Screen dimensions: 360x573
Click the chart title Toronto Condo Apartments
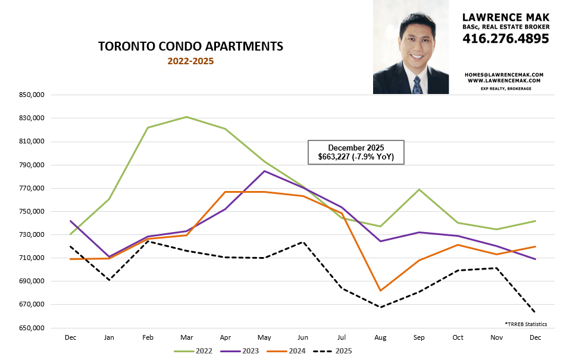point(190,46)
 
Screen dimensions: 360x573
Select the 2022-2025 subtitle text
point(190,61)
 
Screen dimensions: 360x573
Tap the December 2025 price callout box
point(356,153)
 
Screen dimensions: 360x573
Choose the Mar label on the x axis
point(186,337)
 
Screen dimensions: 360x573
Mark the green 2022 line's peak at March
point(186,117)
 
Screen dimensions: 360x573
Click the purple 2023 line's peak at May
point(264,171)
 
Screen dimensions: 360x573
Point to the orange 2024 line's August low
point(380,290)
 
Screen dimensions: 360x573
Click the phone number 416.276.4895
point(506,39)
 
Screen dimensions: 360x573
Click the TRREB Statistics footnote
point(525,324)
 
